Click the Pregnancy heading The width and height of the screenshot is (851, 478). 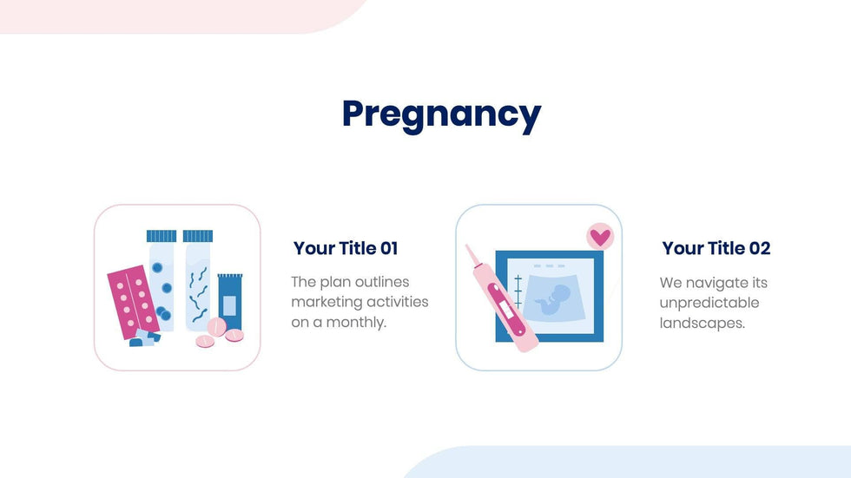pos(441,115)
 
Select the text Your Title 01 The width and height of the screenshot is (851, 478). pos(346,248)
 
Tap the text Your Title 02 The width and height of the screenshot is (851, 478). pos(716,248)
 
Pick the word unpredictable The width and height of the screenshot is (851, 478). pos(709,303)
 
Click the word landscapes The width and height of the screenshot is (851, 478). pos(703,323)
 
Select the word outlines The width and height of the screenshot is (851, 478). pos(382,282)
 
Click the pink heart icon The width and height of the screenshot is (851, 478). pos(600,237)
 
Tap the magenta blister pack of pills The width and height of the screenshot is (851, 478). pos(134,301)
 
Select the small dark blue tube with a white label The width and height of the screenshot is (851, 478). pos(230,303)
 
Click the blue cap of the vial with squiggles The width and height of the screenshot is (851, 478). pos(198,236)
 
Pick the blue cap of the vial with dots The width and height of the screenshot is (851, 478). pos(162,236)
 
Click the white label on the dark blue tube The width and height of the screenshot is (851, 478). pos(229,305)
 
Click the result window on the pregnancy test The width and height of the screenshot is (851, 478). pos(505,310)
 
